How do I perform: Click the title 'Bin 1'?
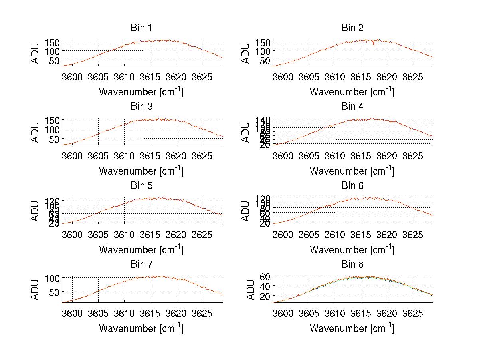click(x=141, y=28)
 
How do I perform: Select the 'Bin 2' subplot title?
click(x=352, y=28)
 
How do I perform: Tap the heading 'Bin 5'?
click(x=141, y=185)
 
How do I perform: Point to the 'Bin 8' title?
click(x=352, y=264)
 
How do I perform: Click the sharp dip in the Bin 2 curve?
click(x=374, y=45)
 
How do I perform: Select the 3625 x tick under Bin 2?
click(x=412, y=76)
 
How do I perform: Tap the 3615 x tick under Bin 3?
click(x=150, y=155)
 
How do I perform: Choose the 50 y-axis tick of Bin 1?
click(x=54, y=60)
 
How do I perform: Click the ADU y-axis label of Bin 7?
click(x=36, y=289)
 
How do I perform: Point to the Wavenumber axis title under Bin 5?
click(x=141, y=250)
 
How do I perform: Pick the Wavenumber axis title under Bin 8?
click(x=352, y=328)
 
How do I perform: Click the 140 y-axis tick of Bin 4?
click(x=263, y=120)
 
